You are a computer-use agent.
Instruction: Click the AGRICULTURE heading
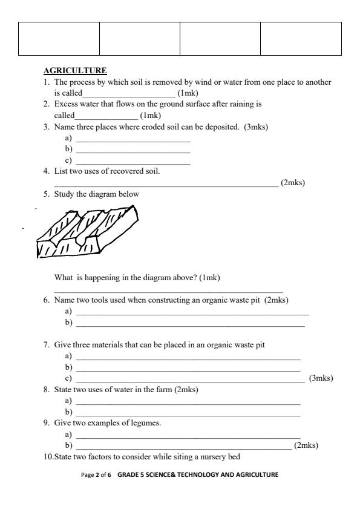[x=75, y=71]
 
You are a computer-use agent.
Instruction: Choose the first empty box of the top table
[x=59, y=39]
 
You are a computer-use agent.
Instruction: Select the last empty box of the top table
[x=301, y=39]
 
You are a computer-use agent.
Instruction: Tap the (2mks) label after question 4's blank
[x=293, y=183]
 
